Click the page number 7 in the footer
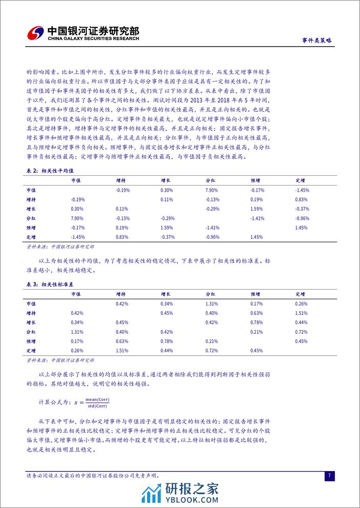(329, 476)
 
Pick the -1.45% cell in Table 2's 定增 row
(78, 237)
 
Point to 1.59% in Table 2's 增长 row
(257, 209)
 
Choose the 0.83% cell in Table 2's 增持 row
(302, 199)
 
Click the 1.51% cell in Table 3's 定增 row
(122, 350)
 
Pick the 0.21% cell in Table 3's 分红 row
(257, 332)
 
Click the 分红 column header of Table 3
(211, 294)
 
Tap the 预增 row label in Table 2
(31, 228)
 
